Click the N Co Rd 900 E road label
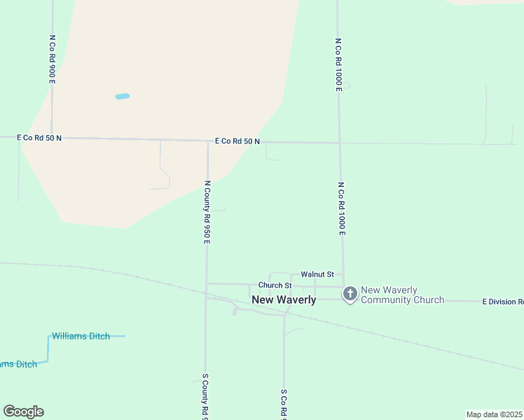[x=52, y=60]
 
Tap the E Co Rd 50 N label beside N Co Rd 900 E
[x=39, y=139]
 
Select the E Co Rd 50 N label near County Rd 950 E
[x=237, y=141]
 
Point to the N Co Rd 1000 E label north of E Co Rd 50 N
[x=338, y=65]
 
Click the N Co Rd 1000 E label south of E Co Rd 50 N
[x=341, y=209]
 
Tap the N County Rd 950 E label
[x=207, y=211]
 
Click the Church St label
[x=275, y=286]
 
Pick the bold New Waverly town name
[x=284, y=300]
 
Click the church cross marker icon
[x=350, y=294]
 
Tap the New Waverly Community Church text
[x=402, y=295]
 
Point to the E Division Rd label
[x=502, y=302]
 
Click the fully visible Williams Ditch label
[x=81, y=336]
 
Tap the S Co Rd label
[x=284, y=405]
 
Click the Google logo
[x=23, y=412]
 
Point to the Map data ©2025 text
[x=494, y=414]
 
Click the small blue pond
[x=122, y=97]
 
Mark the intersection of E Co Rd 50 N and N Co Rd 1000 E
[x=340, y=143]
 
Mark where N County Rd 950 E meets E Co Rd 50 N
[x=207, y=141]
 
